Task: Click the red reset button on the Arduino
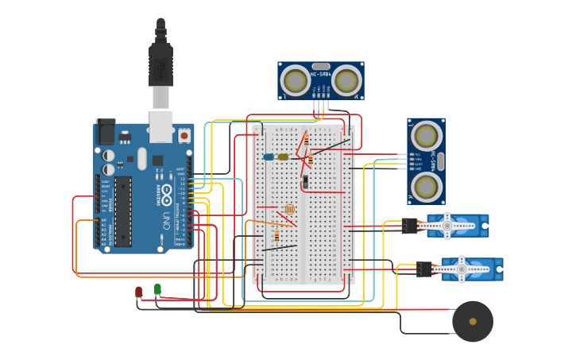pyautogui.click(x=184, y=137)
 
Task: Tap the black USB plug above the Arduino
pyautogui.click(x=160, y=64)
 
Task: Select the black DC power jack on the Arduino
pyautogui.click(x=105, y=132)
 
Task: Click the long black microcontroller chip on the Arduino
pyautogui.click(x=122, y=211)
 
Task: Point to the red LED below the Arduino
pyautogui.click(x=139, y=292)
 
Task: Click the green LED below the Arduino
pyautogui.click(x=157, y=289)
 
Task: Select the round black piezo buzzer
pyautogui.click(x=473, y=321)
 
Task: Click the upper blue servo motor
pyautogui.click(x=457, y=226)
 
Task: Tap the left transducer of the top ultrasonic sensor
pyautogui.click(x=296, y=80)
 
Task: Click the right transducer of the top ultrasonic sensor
pyautogui.click(x=346, y=80)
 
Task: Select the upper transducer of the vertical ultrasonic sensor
pyautogui.click(x=427, y=134)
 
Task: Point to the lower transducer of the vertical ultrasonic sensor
pyautogui.click(x=427, y=186)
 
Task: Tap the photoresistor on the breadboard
pyautogui.click(x=289, y=209)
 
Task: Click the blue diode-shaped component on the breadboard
pyautogui.click(x=269, y=157)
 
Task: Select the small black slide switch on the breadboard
pyautogui.click(x=305, y=183)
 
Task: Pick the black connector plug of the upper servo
pyautogui.click(x=410, y=226)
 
